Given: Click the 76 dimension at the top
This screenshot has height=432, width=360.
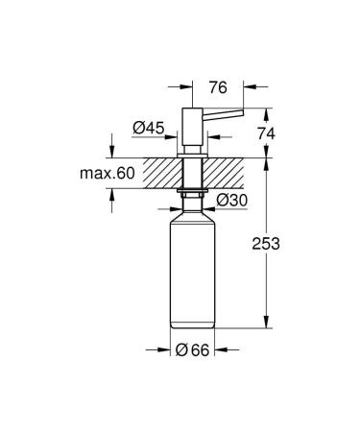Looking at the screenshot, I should [x=216, y=86].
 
